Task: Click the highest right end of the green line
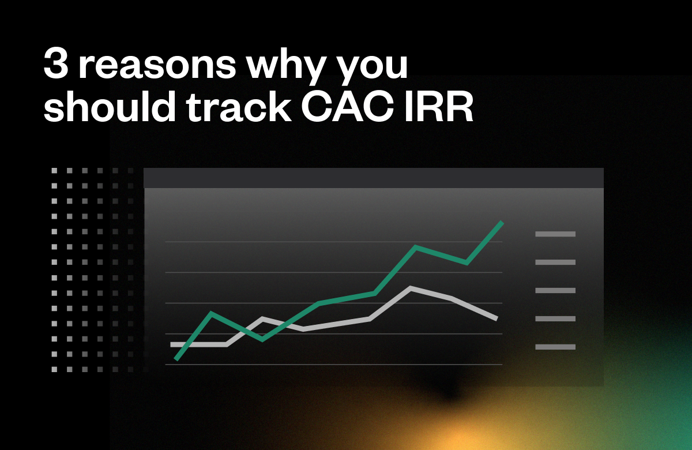pos(502,223)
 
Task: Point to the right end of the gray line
pos(496,318)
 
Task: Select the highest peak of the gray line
pos(410,287)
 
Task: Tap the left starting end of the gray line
pos(172,344)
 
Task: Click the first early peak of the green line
pos(212,313)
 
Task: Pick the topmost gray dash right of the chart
pos(555,234)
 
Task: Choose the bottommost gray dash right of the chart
pos(555,347)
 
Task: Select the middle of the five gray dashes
pos(555,290)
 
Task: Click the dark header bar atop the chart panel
pos(373,178)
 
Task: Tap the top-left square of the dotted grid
pos(54,171)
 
